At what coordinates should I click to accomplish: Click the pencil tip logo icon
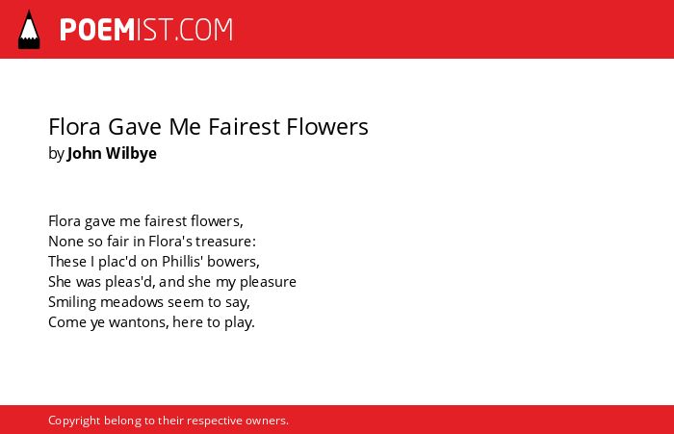point(29,29)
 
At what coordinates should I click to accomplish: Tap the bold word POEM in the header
point(97,30)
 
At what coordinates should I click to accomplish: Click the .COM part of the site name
point(204,30)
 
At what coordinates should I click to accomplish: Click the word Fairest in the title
point(245,127)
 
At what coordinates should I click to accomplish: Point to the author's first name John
point(85,153)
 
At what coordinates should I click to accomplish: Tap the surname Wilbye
point(131,154)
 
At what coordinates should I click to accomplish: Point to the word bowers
point(233,262)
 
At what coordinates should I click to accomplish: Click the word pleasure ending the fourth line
point(268,282)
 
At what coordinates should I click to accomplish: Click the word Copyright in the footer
point(74,421)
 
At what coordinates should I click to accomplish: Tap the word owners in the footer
point(267,421)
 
